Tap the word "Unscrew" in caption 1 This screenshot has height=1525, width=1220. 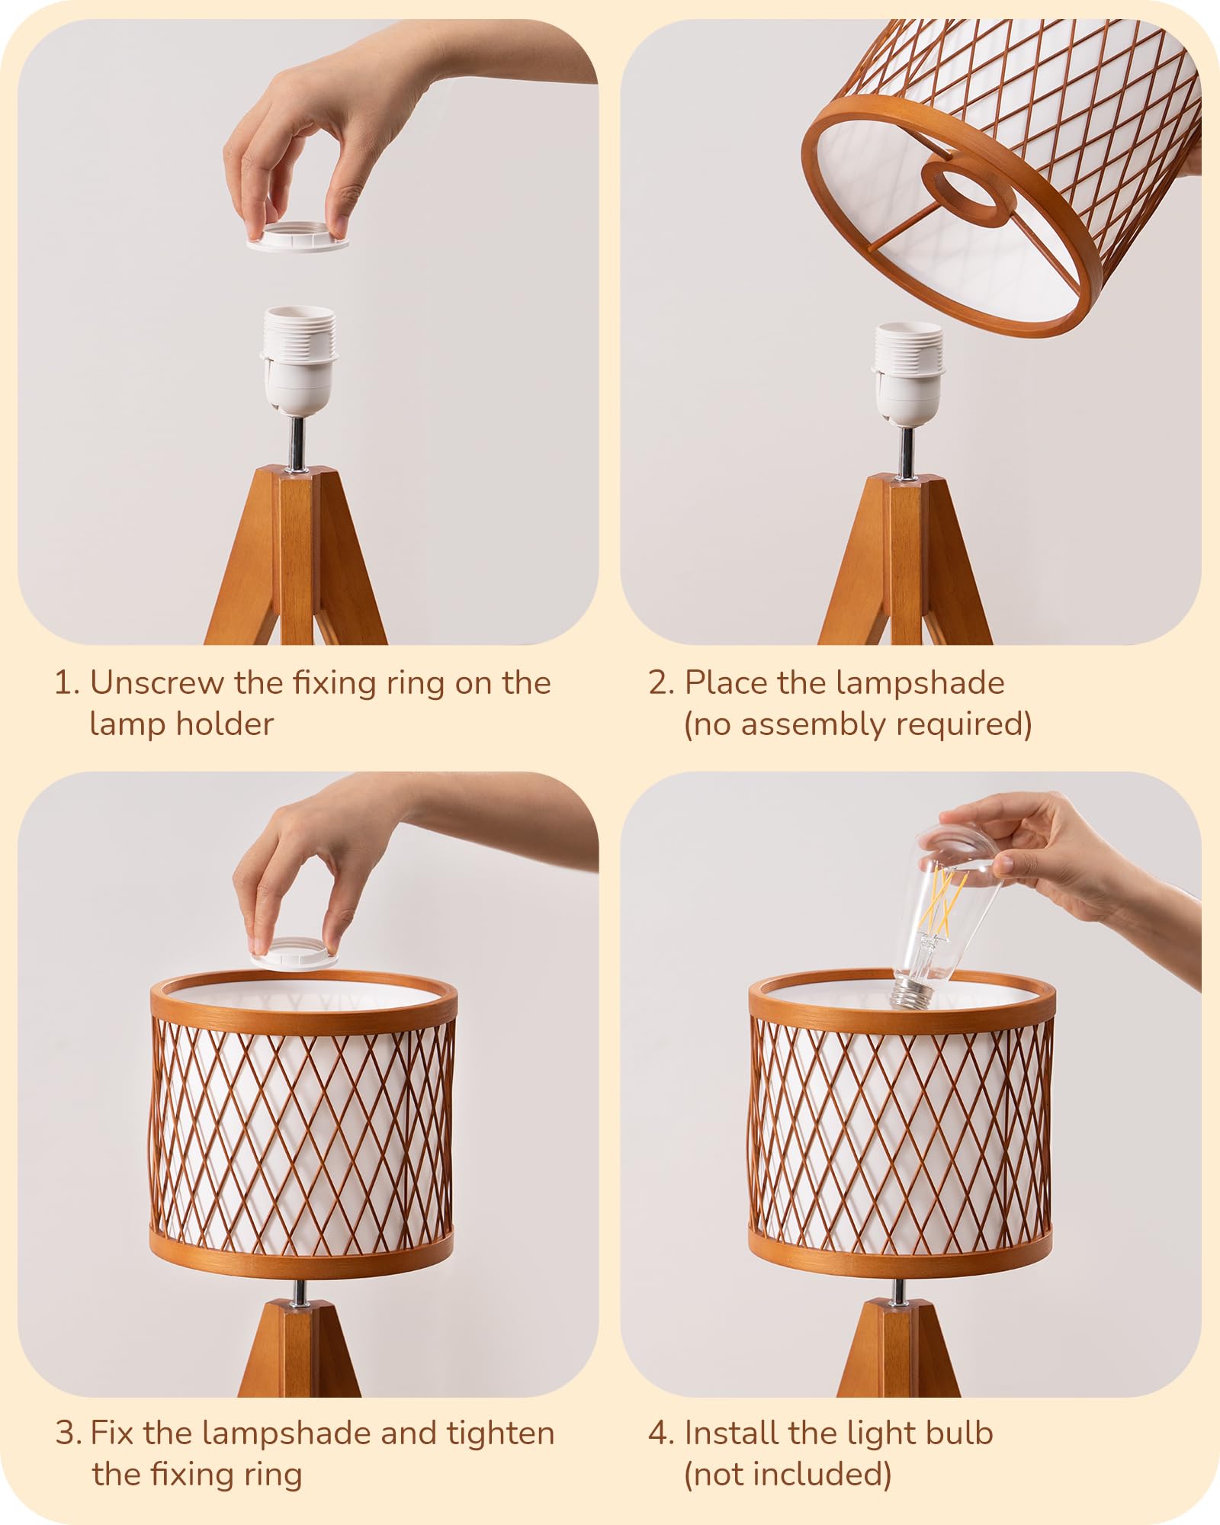tap(157, 683)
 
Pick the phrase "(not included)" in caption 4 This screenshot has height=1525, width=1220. tap(788, 1475)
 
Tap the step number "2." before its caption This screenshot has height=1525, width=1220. tap(660, 683)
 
